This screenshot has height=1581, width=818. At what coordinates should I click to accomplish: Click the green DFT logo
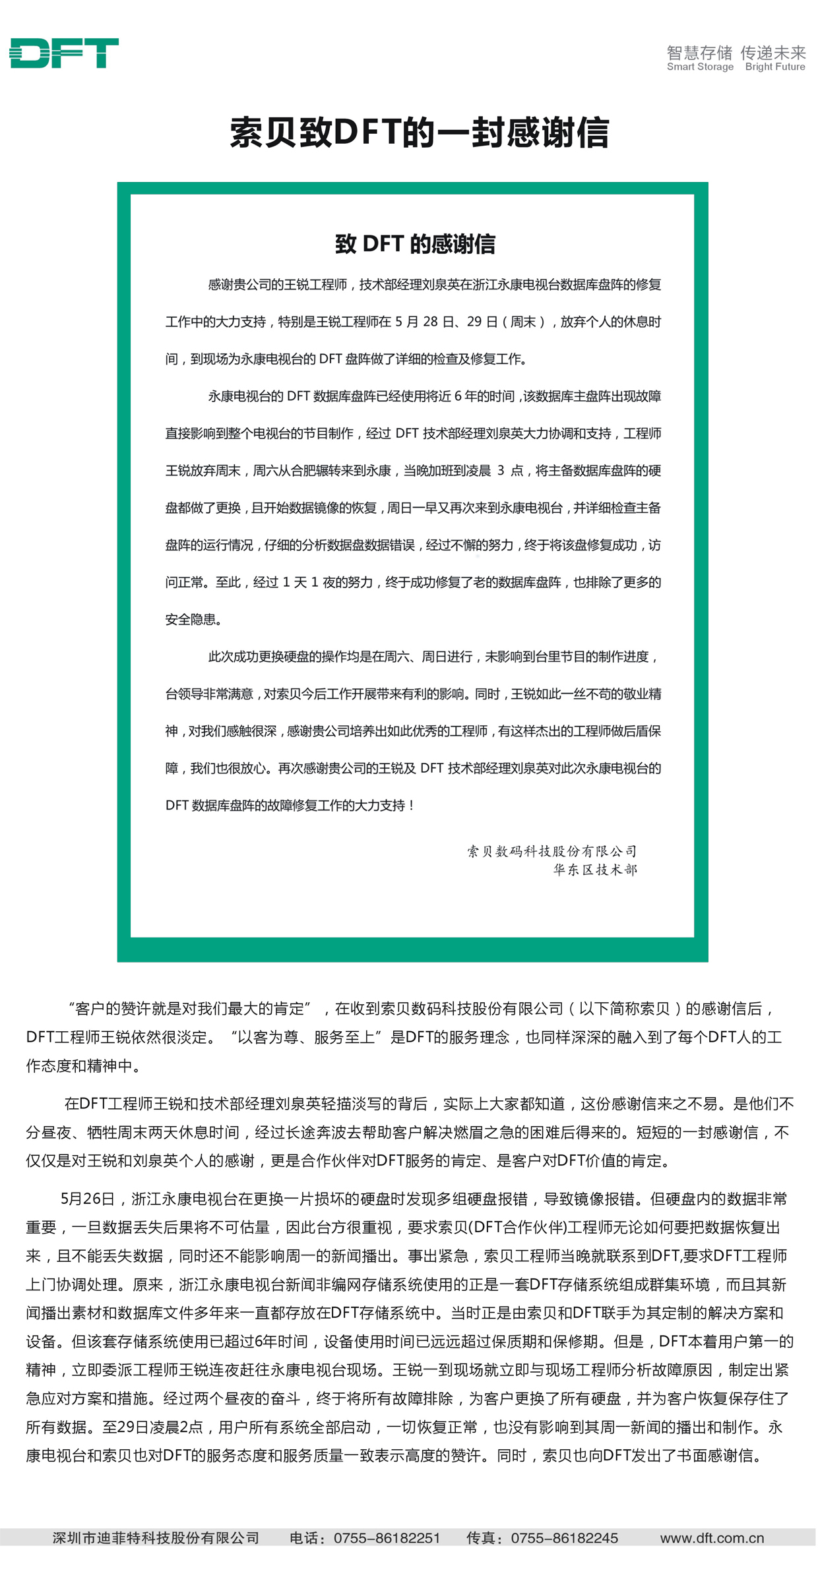(64, 53)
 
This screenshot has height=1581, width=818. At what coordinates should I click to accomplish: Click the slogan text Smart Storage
(700, 67)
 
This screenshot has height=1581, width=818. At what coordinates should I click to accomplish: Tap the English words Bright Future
(775, 67)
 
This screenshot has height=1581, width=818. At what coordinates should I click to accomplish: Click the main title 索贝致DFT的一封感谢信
(419, 133)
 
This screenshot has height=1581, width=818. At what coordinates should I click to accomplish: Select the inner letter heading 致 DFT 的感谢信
(415, 244)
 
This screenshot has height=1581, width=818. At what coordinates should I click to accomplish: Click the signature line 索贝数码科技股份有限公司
(552, 851)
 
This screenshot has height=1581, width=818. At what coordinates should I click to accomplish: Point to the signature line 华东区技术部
(595, 870)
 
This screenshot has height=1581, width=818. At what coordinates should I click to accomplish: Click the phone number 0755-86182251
(387, 1538)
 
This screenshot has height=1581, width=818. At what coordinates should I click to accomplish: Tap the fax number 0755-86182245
(565, 1538)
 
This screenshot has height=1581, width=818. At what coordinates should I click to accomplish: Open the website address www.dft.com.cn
(712, 1538)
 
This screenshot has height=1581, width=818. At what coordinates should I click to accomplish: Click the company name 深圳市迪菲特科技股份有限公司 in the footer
(156, 1538)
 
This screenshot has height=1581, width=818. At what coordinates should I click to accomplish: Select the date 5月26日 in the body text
(88, 1199)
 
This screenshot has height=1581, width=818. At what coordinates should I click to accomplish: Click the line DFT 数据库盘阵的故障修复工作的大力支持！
(290, 805)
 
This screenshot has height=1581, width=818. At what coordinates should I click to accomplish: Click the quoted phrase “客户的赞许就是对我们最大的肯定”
(189, 1008)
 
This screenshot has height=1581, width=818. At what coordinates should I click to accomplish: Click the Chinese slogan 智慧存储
(699, 52)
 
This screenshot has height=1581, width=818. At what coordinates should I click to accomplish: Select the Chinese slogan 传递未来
(773, 52)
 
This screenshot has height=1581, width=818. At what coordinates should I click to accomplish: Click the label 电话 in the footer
(304, 1538)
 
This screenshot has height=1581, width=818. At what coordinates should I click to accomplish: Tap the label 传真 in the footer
(482, 1538)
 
